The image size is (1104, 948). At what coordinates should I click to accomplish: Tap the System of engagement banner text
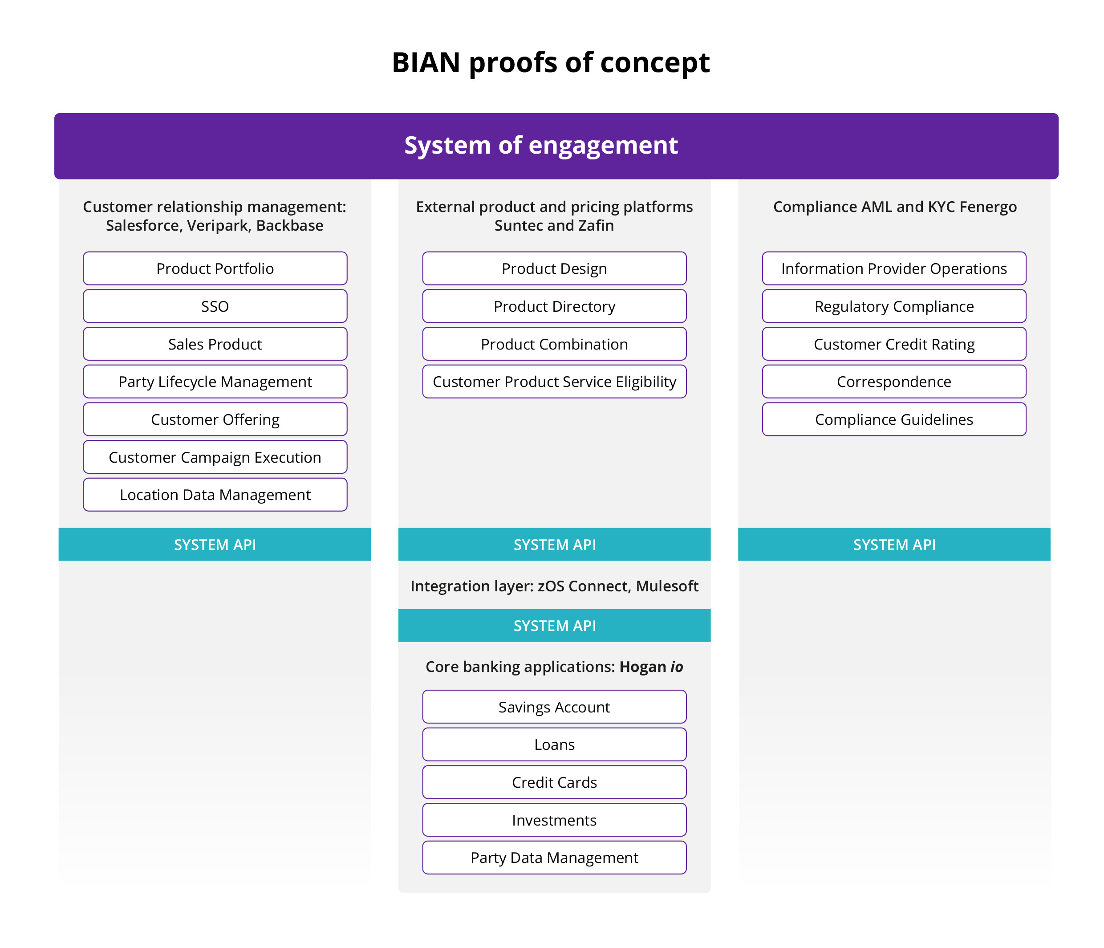coord(541,146)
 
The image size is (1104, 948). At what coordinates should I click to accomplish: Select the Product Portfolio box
coord(215,269)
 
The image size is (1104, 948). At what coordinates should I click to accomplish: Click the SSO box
coord(215,306)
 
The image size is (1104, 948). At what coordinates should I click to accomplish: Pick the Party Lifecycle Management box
coord(215,382)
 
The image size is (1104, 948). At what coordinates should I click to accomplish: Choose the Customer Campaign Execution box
coord(215,457)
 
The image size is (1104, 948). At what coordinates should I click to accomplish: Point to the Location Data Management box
coord(215,495)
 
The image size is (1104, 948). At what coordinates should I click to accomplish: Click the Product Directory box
coord(554,306)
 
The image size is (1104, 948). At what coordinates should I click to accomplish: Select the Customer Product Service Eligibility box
coord(554,382)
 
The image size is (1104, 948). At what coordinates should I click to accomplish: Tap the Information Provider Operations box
coord(893,269)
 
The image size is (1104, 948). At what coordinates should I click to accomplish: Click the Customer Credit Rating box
coord(893,344)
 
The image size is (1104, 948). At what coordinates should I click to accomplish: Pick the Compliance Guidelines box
coord(893,419)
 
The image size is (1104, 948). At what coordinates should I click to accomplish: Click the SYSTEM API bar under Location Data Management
coord(215,545)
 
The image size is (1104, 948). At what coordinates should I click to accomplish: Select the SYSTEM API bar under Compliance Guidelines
coord(893,545)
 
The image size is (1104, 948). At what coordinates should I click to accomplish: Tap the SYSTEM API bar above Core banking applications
coord(554,626)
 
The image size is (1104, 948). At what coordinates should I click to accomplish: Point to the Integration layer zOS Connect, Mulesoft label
coord(554,586)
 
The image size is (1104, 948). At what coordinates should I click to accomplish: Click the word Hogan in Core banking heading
coord(642,667)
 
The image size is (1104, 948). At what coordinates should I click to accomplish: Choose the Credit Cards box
coord(554,782)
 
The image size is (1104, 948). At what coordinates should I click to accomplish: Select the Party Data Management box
coord(554,858)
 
